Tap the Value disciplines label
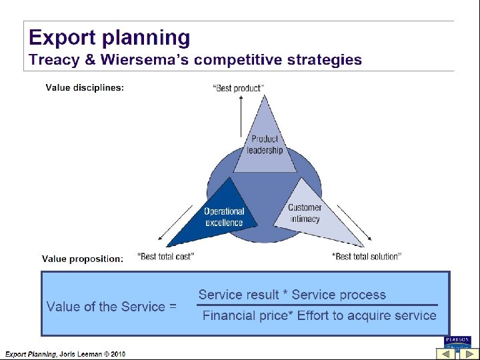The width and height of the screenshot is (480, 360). click(x=85, y=87)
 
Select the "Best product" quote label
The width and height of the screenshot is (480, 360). click(x=238, y=88)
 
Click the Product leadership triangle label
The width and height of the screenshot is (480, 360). click(x=265, y=145)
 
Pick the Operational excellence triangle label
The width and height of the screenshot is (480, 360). click(x=224, y=217)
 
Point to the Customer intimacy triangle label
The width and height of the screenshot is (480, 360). click(x=305, y=213)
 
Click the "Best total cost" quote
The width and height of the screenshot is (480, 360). click(x=165, y=257)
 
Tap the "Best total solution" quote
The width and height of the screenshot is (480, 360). click(x=366, y=257)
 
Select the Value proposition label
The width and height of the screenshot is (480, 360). click(x=83, y=259)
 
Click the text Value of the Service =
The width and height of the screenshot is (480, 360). click(x=111, y=307)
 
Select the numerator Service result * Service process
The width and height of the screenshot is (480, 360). click(x=292, y=295)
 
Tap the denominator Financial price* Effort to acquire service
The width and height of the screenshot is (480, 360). click(x=319, y=315)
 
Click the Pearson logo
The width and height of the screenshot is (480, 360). click(x=457, y=340)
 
